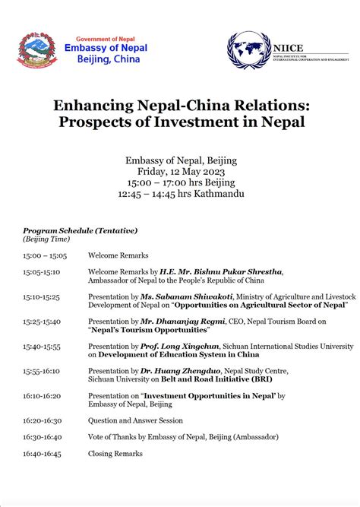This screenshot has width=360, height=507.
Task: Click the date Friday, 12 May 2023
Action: [180, 171]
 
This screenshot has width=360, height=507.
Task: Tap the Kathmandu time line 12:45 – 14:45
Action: [180, 194]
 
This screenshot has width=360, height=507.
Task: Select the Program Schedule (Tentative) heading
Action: [80, 230]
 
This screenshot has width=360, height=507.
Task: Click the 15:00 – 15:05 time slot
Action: [46, 255]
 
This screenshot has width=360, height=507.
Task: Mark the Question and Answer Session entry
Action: [134, 420]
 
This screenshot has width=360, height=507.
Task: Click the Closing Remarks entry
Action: [115, 454]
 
